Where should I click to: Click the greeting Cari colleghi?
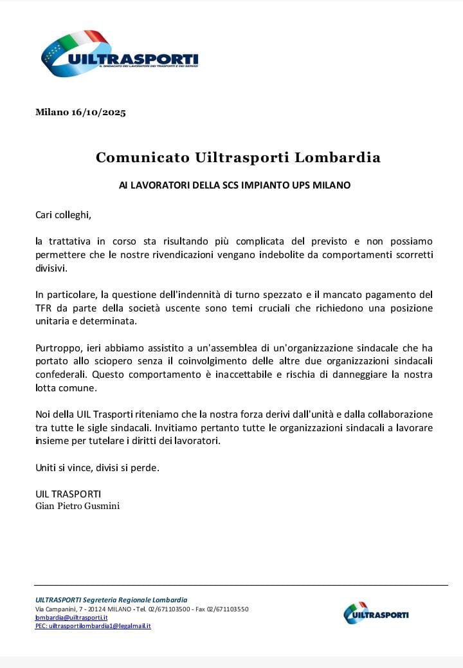[x=68, y=214]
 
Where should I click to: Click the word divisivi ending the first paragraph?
[x=51, y=268]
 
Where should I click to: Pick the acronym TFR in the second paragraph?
[x=44, y=308]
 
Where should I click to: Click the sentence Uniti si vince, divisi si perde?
[x=97, y=468]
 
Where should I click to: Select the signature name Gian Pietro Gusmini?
[x=77, y=506]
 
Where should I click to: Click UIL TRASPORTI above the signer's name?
[x=68, y=494]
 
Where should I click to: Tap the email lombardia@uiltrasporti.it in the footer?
[x=71, y=617]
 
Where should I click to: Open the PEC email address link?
[x=93, y=626]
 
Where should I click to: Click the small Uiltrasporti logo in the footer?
[x=376, y=613]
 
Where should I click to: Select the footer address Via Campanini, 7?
[x=62, y=609]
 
